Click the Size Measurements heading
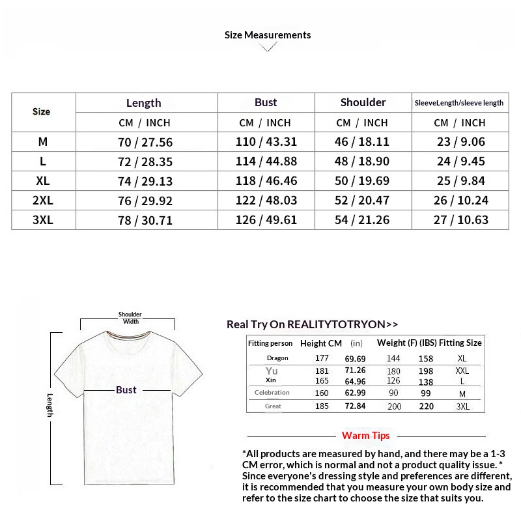[x=268, y=35]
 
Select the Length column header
[x=144, y=103]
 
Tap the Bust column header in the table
[x=266, y=102]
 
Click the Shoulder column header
[x=363, y=102]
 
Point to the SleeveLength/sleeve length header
[x=459, y=103]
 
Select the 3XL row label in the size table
[x=43, y=220]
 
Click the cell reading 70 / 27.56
[x=145, y=142]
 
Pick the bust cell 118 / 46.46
[x=266, y=181]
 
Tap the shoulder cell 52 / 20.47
[x=362, y=201]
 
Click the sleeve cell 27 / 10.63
[x=460, y=220]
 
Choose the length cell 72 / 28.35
[x=145, y=162]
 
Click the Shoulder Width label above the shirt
[x=130, y=318]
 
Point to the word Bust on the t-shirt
[x=126, y=390]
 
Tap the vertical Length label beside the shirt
[x=50, y=405]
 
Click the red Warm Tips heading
[x=366, y=436]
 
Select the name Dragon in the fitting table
[x=277, y=358]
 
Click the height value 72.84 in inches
[x=356, y=406]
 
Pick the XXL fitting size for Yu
[x=462, y=371]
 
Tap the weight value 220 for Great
[x=426, y=406]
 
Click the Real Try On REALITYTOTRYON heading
[x=312, y=324]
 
